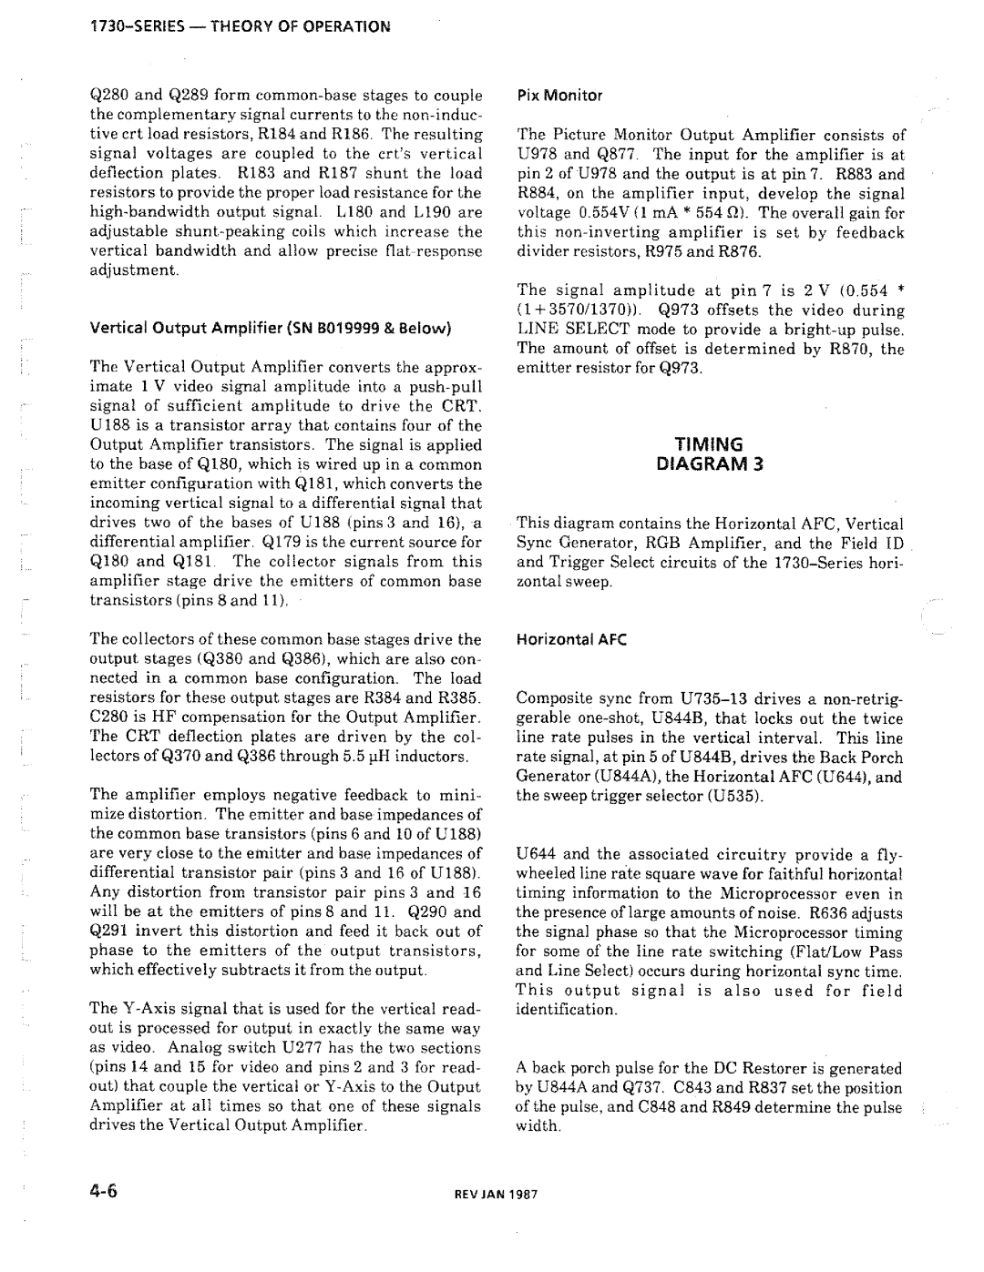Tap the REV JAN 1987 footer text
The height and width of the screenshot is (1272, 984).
coord(498,1195)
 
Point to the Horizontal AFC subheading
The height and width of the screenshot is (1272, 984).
coord(562,640)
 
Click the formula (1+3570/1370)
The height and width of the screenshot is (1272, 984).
coord(571,310)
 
